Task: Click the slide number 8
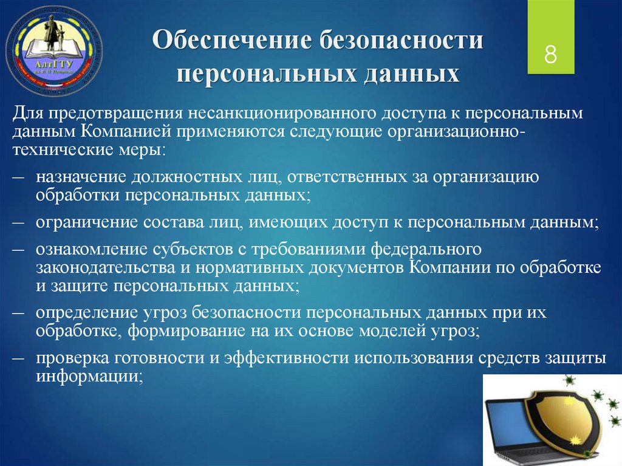point(550,55)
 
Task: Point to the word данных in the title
point(412,74)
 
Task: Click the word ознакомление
point(91,249)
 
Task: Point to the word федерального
point(426,249)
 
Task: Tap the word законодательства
point(106,267)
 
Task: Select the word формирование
point(186,331)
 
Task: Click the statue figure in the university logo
point(50,33)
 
